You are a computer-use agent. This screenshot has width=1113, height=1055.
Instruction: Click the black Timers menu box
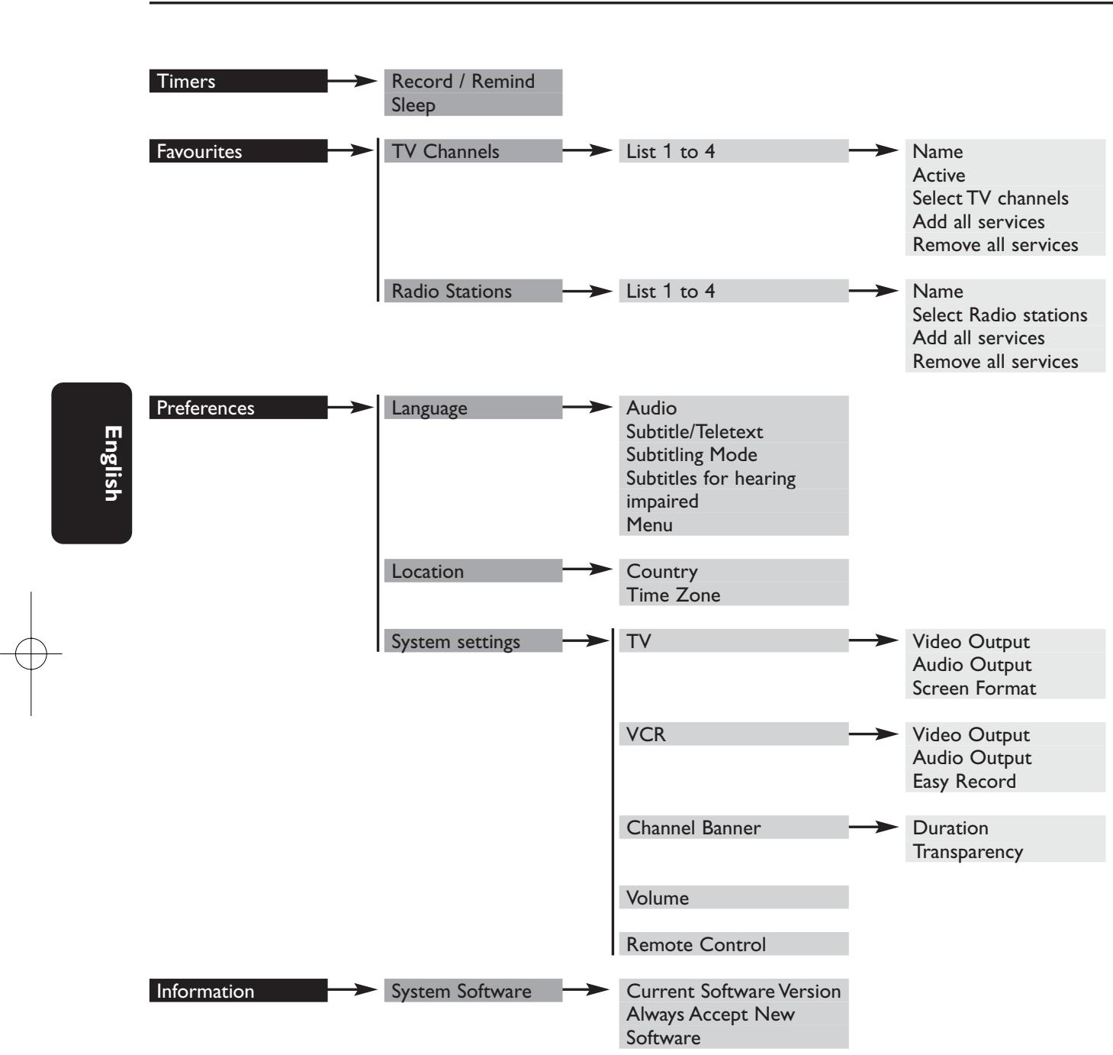[238, 81]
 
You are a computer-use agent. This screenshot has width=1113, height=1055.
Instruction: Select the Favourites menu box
[238, 151]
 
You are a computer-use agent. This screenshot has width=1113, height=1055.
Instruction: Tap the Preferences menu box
[238, 408]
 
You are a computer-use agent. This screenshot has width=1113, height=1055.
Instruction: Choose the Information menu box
[238, 991]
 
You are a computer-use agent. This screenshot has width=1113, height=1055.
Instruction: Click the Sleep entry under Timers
[472, 105]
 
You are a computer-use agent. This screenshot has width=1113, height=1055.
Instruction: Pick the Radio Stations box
[472, 291]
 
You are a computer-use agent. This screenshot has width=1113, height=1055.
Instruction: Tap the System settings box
[472, 641]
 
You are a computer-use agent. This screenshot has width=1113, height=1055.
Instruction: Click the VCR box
[733, 734]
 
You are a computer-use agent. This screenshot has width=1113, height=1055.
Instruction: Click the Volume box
[733, 898]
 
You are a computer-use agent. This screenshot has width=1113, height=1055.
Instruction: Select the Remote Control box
[733, 944]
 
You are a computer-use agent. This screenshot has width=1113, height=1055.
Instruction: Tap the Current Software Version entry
[733, 991]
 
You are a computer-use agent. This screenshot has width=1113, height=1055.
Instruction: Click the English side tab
[92, 463]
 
